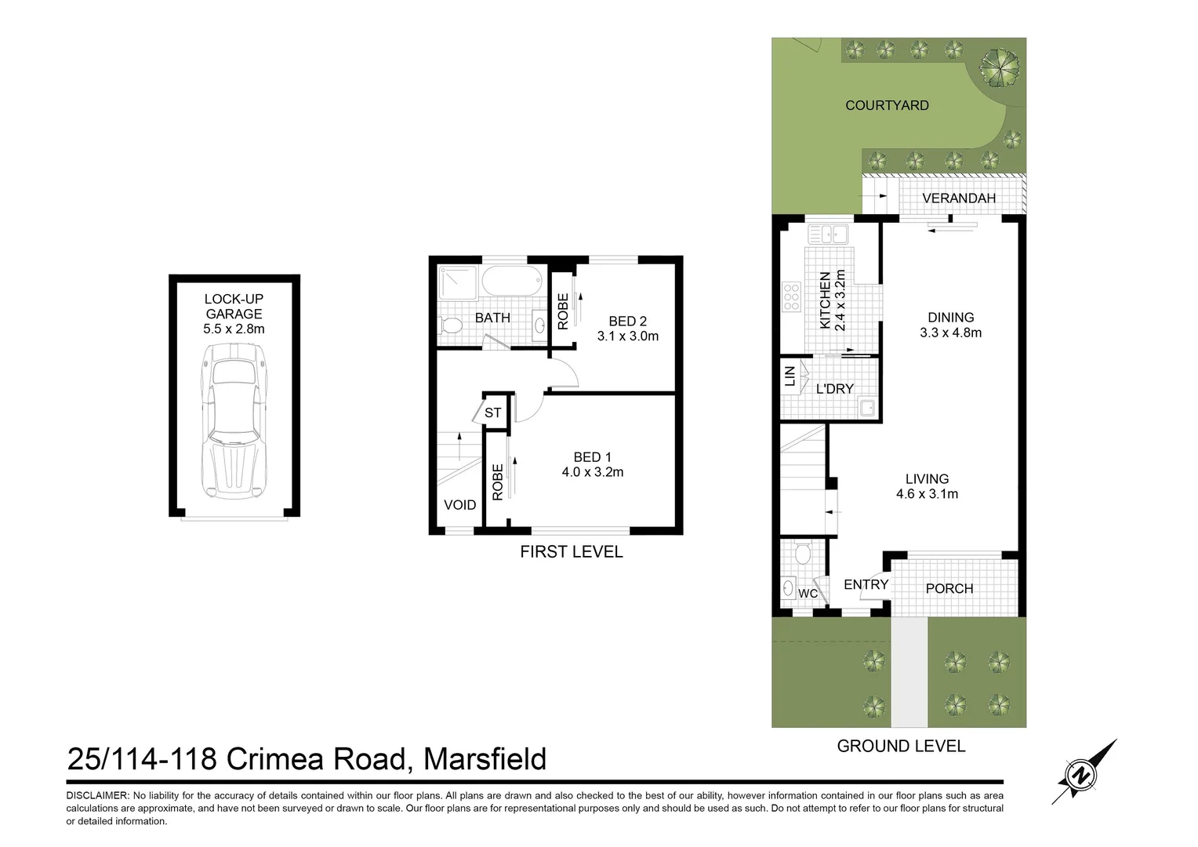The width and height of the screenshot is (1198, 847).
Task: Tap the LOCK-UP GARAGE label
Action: (234, 306)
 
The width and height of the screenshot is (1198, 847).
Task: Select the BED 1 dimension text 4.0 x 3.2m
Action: (592, 472)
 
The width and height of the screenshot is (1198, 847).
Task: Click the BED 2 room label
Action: (627, 321)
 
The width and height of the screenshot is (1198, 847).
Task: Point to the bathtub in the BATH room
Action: (512, 282)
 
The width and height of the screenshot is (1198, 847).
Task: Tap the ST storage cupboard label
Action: (492, 413)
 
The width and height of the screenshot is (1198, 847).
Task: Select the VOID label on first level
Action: (459, 505)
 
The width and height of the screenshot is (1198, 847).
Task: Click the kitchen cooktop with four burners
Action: (791, 297)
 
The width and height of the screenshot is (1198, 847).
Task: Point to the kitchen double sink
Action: (828, 234)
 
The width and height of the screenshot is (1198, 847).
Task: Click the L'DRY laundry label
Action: (834, 389)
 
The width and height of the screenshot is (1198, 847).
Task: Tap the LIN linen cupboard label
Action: (790, 376)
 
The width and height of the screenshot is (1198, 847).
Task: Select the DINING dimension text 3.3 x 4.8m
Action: (950, 333)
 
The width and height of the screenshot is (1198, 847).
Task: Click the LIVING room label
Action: (927, 478)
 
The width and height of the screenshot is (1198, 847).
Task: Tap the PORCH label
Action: (949, 588)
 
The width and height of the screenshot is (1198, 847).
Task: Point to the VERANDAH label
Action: (958, 198)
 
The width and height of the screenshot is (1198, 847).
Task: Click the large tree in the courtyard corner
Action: (1000, 67)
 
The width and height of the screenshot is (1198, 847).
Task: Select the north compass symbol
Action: (1083, 775)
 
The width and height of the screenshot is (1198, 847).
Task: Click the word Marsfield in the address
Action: (485, 759)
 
